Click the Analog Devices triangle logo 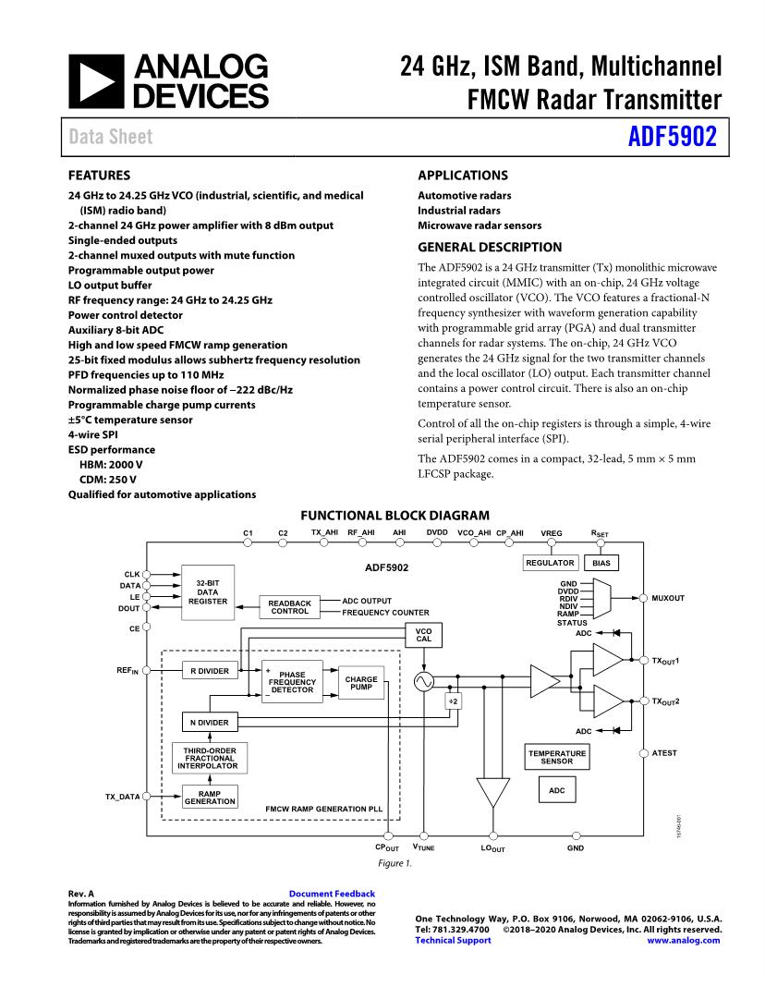click(x=96, y=80)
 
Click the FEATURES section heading click(x=99, y=175)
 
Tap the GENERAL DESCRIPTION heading click(x=490, y=247)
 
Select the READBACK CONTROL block click(x=289, y=606)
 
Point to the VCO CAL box click(x=423, y=635)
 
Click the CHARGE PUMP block click(x=360, y=684)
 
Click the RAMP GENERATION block click(x=209, y=797)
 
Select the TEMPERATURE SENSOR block click(x=557, y=757)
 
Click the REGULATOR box click(x=550, y=563)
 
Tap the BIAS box click(x=601, y=563)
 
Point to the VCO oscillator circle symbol click(x=423, y=682)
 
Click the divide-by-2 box click(x=454, y=701)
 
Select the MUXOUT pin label click(x=668, y=598)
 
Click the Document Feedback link click(x=332, y=894)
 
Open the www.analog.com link click(x=684, y=940)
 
